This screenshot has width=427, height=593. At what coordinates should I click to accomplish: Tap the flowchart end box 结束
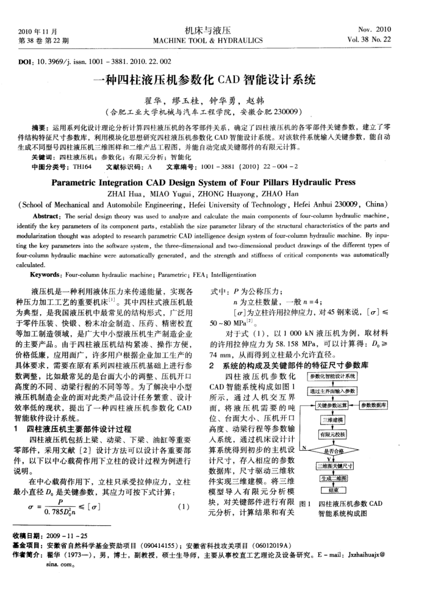pos(332,490)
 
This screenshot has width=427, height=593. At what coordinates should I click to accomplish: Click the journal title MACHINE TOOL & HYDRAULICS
pos(207,41)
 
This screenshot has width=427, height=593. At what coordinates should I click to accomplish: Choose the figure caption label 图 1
pos(307,503)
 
